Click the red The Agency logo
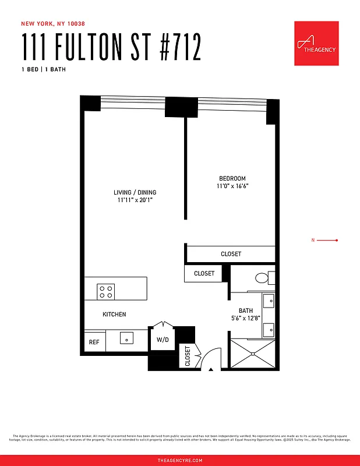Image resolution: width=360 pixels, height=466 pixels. (x=316, y=44)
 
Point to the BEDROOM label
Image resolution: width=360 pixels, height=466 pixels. (x=232, y=179)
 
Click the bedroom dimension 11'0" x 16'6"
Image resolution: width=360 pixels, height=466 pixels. (x=232, y=186)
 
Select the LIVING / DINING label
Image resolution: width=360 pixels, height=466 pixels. (x=135, y=192)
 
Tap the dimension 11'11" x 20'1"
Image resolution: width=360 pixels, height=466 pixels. (x=135, y=200)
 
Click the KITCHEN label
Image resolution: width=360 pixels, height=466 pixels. (x=114, y=315)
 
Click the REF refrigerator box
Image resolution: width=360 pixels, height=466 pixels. (x=94, y=343)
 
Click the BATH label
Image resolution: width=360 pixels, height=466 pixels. (x=245, y=310)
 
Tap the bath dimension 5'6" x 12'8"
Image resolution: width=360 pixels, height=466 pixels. (x=245, y=318)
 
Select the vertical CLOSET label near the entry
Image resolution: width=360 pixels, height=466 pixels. (x=188, y=356)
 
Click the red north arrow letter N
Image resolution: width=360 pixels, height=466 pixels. (x=313, y=240)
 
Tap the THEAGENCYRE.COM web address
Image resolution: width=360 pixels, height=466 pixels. (x=180, y=460)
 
